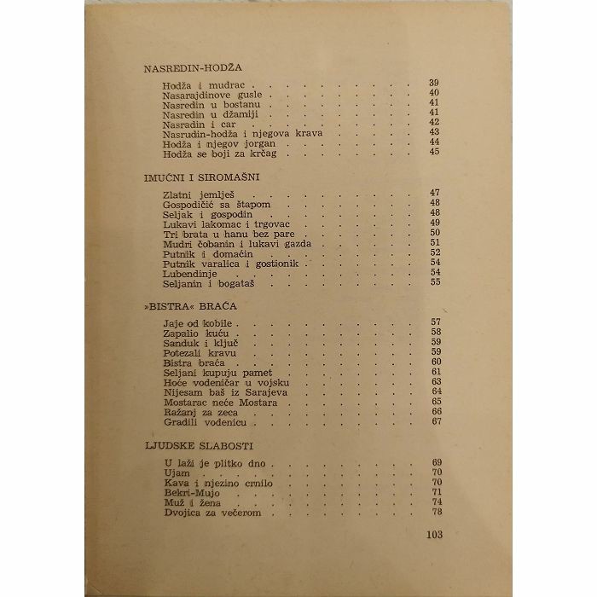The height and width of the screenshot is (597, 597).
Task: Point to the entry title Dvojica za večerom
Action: pyautogui.click(x=209, y=513)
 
